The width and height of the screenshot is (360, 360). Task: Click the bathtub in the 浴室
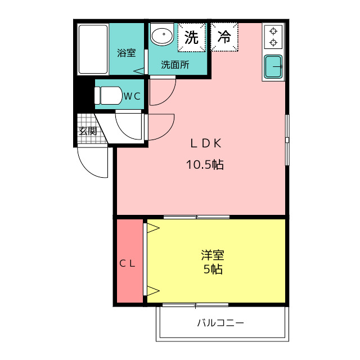pyautogui.click(x=93, y=49)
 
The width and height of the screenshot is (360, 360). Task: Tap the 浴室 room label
pyautogui.click(x=126, y=53)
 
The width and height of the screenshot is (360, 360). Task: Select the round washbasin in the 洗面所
pyautogui.click(x=162, y=34)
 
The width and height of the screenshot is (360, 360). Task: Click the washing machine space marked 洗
pyautogui.click(x=191, y=38)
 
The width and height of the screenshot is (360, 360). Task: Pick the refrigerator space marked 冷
pyautogui.click(x=224, y=37)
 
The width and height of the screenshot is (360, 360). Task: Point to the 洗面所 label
pyautogui.click(x=175, y=65)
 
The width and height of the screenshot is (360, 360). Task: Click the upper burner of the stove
pyautogui.click(x=273, y=31)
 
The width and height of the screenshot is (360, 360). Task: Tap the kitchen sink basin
pyautogui.click(x=273, y=66)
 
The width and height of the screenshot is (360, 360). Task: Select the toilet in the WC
pyautogui.click(x=108, y=96)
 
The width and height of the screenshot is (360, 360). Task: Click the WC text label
pyautogui.click(x=132, y=96)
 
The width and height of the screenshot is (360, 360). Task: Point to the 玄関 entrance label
pyautogui.click(x=88, y=131)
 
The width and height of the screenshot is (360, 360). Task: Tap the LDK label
pyautogui.click(x=206, y=143)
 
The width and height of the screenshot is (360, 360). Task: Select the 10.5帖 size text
pyautogui.click(x=205, y=164)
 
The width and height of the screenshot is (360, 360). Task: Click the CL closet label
pyautogui.click(x=128, y=264)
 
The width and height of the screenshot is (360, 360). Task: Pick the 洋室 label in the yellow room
pyautogui.click(x=213, y=255)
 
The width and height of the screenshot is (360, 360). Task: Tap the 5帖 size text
pyautogui.click(x=213, y=269)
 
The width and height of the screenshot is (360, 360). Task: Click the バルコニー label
pyautogui.click(x=220, y=323)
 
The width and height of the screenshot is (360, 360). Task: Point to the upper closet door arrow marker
pyautogui.click(x=153, y=228)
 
